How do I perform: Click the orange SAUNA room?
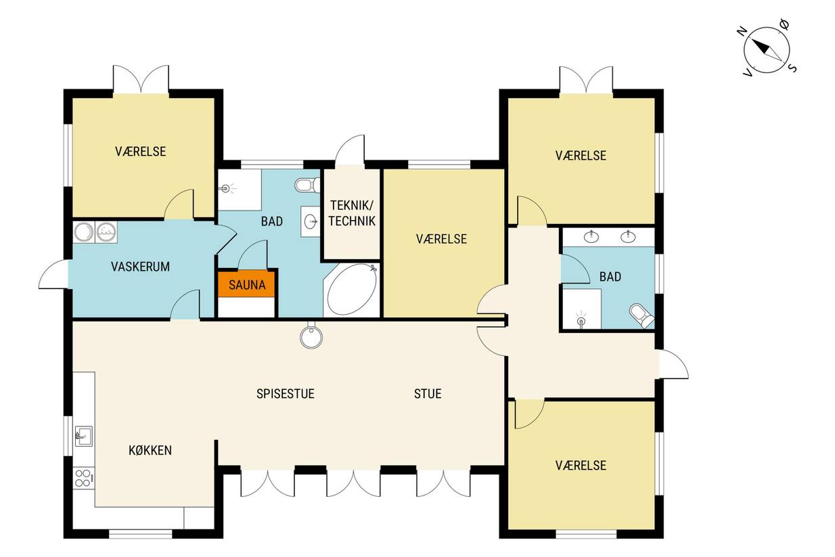(x=247, y=284)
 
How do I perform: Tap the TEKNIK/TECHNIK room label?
(x=352, y=213)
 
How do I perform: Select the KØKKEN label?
(x=150, y=450)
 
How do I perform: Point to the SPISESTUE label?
(x=286, y=394)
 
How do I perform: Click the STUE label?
(x=428, y=394)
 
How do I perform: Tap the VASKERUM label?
(x=140, y=267)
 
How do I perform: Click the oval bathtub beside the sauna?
(x=351, y=290)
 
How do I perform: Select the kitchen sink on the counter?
(x=84, y=436)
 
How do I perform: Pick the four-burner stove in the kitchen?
(x=83, y=478)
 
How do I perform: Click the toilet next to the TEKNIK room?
(x=307, y=185)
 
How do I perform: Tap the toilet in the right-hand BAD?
(x=642, y=315)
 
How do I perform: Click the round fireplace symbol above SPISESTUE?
(x=311, y=336)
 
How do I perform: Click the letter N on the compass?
(x=742, y=31)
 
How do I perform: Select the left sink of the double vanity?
(x=591, y=236)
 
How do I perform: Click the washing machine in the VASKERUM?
(x=106, y=232)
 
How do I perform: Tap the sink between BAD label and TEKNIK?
(x=310, y=221)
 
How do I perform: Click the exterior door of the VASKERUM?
(x=54, y=274)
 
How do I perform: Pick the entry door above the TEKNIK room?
(x=350, y=150)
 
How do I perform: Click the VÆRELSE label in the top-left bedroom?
(x=141, y=152)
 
